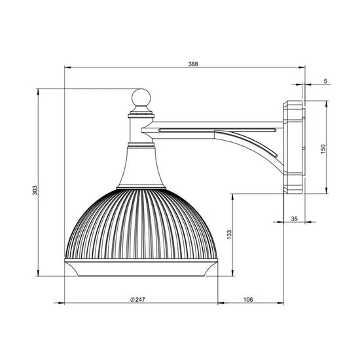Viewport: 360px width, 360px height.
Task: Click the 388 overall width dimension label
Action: click(193, 64)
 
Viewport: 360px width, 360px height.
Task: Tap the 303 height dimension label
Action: click(35, 190)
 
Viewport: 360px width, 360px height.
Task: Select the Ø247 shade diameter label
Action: click(137, 299)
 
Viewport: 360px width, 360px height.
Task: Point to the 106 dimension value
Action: click(248, 299)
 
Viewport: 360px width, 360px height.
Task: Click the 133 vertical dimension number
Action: click(229, 234)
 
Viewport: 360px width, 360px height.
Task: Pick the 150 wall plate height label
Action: click(323, 149)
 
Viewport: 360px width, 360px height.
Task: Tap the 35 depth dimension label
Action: click(294, 219)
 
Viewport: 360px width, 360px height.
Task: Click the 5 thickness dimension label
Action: click(325, 81)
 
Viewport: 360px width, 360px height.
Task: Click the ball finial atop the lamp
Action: click(141, 98)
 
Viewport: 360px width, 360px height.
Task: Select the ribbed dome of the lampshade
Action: click(141, 224)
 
